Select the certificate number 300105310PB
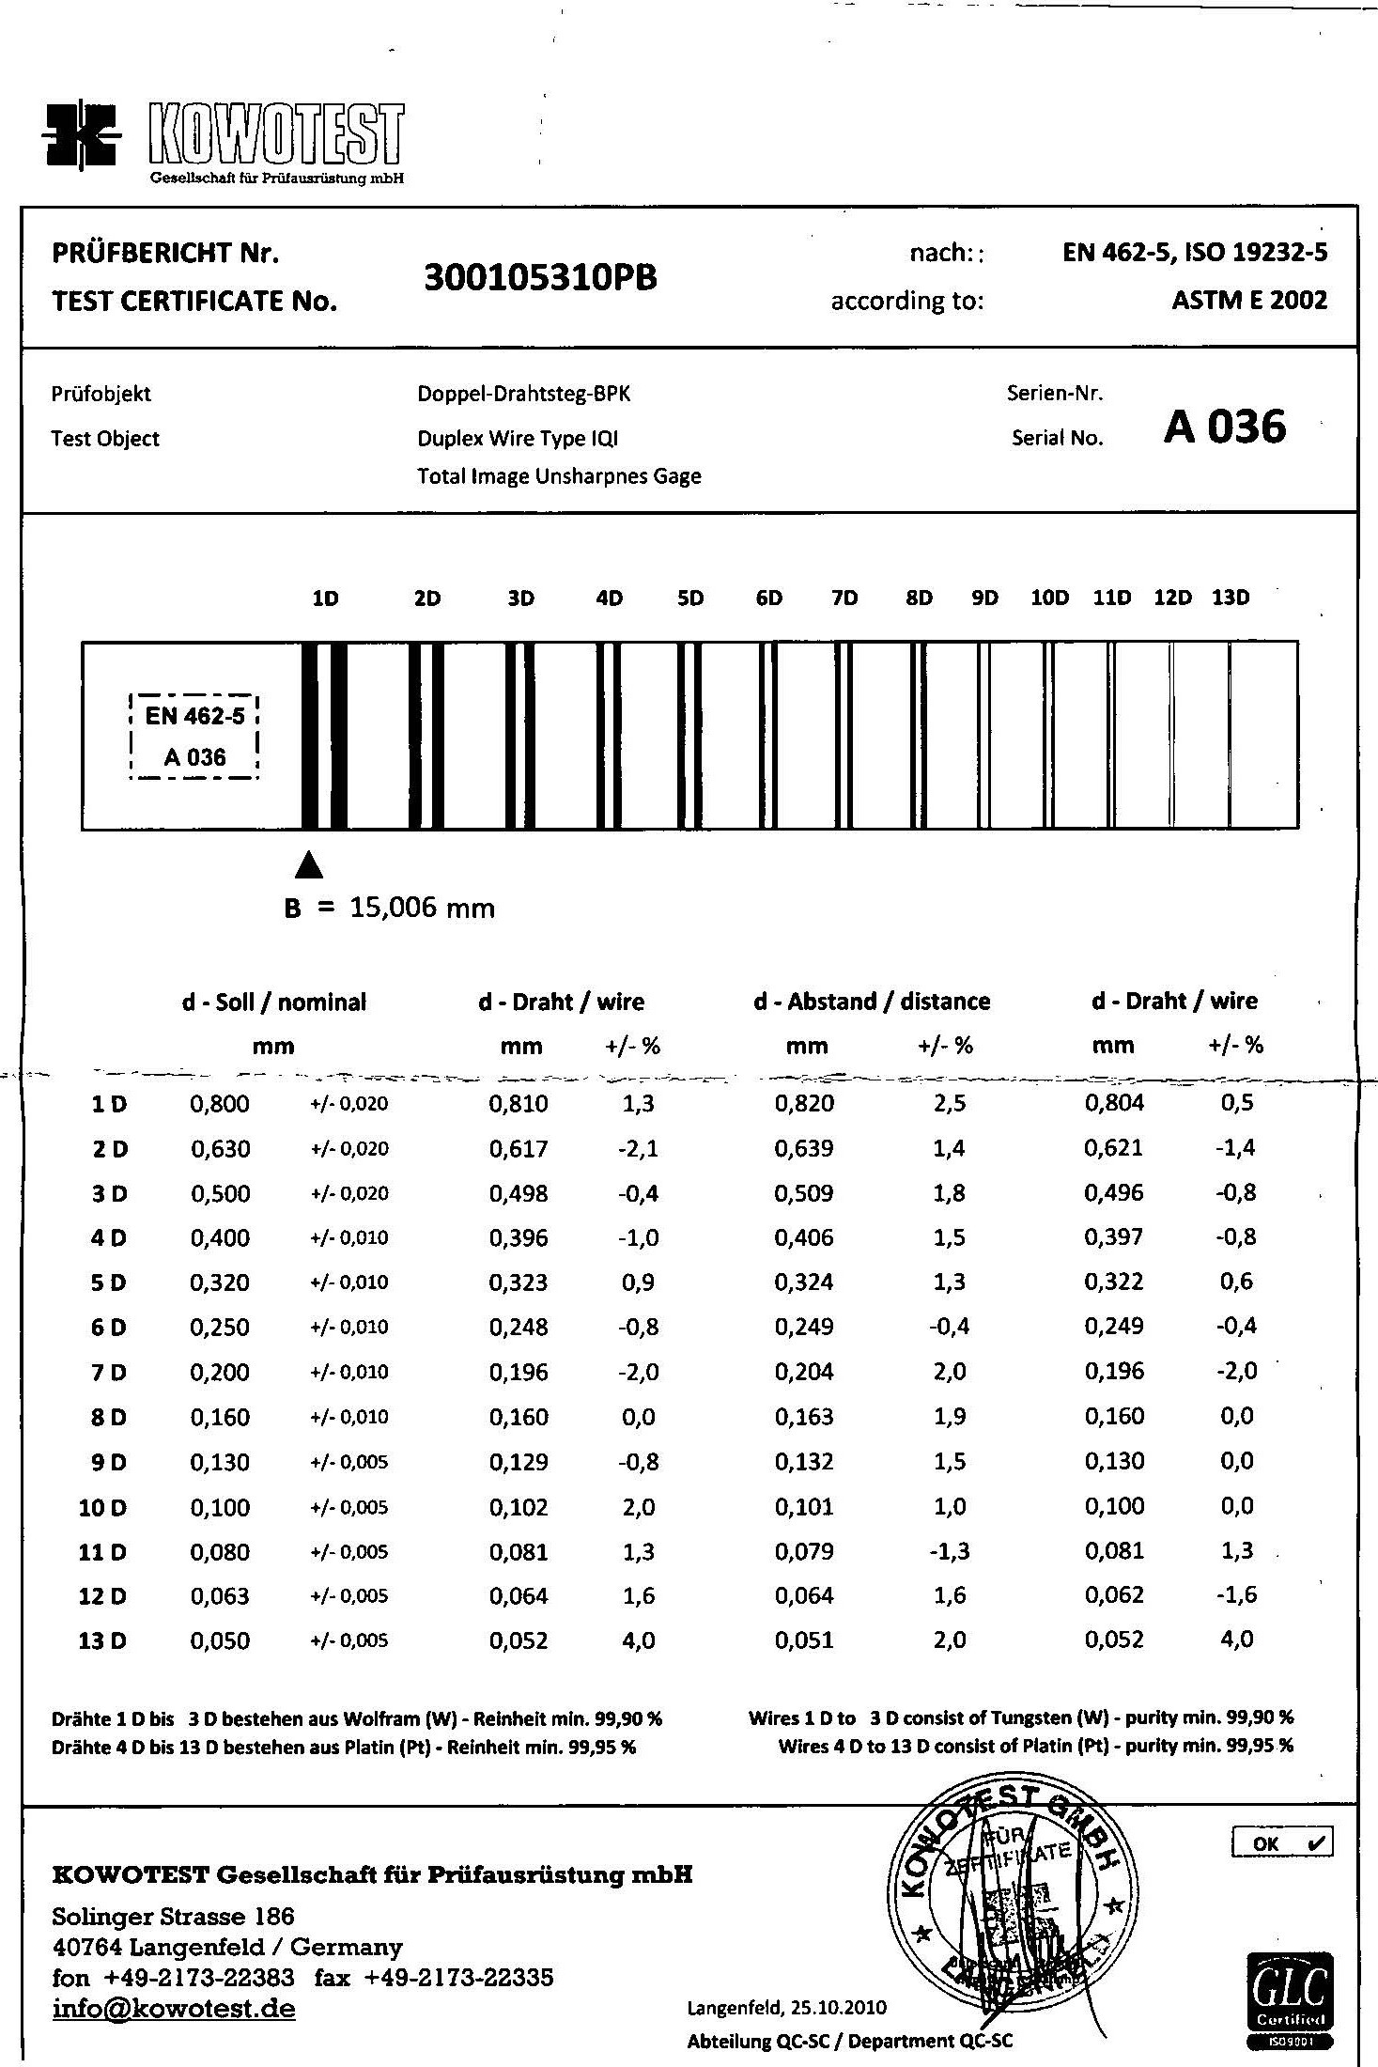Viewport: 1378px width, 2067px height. tap(540, 278)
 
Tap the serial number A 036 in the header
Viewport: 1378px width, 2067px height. tap(1224, 427)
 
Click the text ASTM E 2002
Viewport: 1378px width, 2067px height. tap(1249, 301)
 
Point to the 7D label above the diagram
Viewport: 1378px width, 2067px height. tap(844, 598)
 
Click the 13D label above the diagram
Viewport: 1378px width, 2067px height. tap(1231, 598)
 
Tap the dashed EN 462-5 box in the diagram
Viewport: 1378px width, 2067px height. tap(194, 738)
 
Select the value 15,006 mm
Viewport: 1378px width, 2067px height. tap(422, 908)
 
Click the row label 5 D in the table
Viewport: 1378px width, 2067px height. tap(108, 1283)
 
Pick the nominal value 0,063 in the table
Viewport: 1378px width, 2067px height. tap(220, 1596)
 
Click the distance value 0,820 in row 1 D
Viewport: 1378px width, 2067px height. tap(804, 1104)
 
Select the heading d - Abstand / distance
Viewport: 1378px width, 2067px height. tap(872, 1002)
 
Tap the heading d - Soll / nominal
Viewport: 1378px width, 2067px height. tap(273, 1002)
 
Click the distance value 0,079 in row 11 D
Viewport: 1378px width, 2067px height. tap(804, 1552)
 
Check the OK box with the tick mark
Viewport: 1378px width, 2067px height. tap(1281, 1843)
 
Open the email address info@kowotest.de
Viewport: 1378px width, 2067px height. tap(174, 2010)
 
